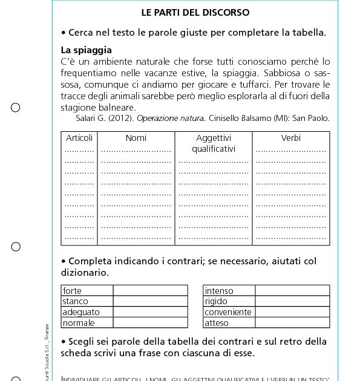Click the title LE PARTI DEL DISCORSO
pos(195,12)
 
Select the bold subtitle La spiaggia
pos(86,50)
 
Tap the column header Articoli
pos(79,138)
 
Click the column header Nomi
pos(136,138)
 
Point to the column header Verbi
pos(290,138)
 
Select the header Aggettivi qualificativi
pos(213,143)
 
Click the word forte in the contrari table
pos(73,291)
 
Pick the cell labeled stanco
pos(76,301)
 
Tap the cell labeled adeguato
pos(81,312)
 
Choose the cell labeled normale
pos(79,322)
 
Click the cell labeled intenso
pos(219,291)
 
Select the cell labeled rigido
pos(216,301)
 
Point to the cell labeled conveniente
pos(228,312)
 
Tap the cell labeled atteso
pos(217,322)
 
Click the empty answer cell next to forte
pos(150,291)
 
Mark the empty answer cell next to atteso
pos(292,322)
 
